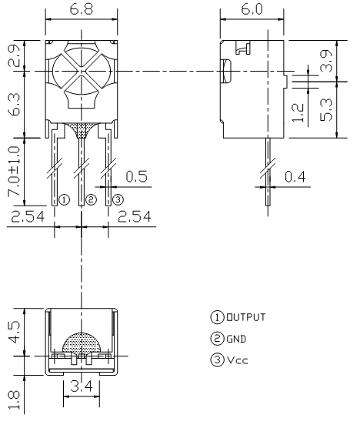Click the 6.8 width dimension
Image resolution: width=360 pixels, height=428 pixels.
[x=82, y=9]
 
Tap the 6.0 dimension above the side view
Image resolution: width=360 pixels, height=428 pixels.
[x=252, y=9]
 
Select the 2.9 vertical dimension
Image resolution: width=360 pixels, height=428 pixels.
[x=14, y=55]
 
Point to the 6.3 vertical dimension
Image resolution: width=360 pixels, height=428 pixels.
[x=14, y=104]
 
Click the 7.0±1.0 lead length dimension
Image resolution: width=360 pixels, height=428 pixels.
[x=14, y=171]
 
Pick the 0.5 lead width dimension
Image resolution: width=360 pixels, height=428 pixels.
[x=136, y=176]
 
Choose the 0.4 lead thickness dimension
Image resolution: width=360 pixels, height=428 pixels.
[x=295, y=176]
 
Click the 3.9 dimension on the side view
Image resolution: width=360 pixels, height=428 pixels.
[x=326, y=61]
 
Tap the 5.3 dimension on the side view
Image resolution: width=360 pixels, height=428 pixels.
[x=326, y=109]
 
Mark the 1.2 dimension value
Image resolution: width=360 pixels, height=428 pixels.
[x=298, y=112]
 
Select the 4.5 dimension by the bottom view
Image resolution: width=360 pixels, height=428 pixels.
[x=14, y=332]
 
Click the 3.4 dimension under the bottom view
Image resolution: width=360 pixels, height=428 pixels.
[x=82, y=386]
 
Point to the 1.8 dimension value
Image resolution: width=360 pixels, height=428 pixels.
[x=14, y=400]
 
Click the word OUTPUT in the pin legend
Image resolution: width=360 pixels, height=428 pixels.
[x=246, y=317]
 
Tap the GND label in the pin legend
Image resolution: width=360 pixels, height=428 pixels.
[x=236, y=339]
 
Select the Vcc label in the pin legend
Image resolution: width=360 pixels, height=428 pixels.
[x=238, y=360]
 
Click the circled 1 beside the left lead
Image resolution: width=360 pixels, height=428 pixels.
[x=64, y=200]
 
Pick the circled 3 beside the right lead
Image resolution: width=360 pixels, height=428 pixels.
[x=118, y=200]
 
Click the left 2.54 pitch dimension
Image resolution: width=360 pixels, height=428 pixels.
[x=28, y=217]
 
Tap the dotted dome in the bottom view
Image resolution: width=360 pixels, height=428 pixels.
[x=82, y=343]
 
